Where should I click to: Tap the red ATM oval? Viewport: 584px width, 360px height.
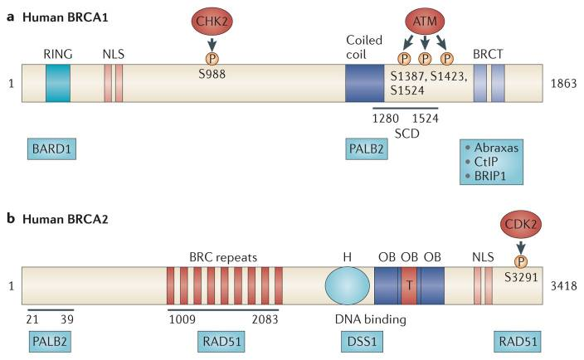424,20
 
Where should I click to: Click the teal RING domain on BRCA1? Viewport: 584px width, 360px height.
58,84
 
